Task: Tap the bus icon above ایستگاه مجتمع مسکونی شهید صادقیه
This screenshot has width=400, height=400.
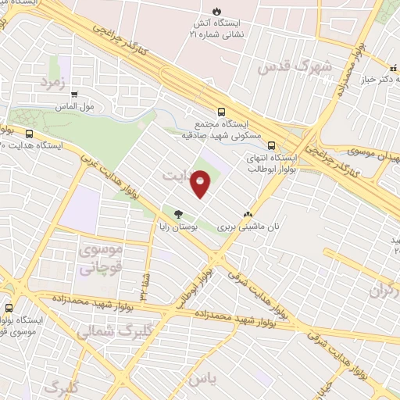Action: [x=222, y=111]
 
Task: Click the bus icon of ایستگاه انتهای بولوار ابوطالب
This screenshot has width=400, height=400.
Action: [x=271, y=145]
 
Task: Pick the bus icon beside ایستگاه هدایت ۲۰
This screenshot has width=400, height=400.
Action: [x=30, y=134]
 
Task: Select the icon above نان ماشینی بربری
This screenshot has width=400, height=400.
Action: [x=248, y=212]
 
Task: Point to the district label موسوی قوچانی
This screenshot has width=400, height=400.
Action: [x=101, y=260]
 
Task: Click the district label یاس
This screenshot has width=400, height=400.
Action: [x=223, y=377]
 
